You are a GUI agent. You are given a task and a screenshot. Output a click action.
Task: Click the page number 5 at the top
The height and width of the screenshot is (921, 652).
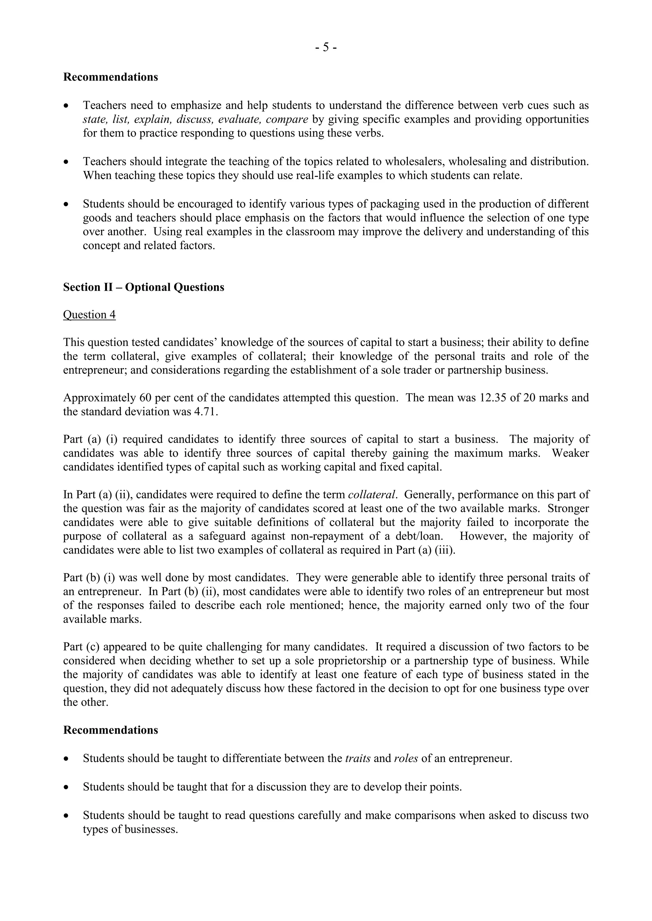click(x=326, y=48)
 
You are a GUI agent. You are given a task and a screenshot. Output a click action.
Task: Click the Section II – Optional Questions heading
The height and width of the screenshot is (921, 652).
click(x=143, y=287)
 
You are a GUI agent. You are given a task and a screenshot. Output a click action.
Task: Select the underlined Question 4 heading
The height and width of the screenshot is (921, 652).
click(x=89, y=315)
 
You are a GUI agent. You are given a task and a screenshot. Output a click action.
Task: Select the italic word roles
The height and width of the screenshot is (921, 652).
click(x=406, y=758)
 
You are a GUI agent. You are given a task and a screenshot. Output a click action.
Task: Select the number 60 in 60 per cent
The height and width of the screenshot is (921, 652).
click(x=145, y=398)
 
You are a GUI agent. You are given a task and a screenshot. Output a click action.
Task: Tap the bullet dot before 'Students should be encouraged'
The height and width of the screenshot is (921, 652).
click(x=66, y=204)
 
